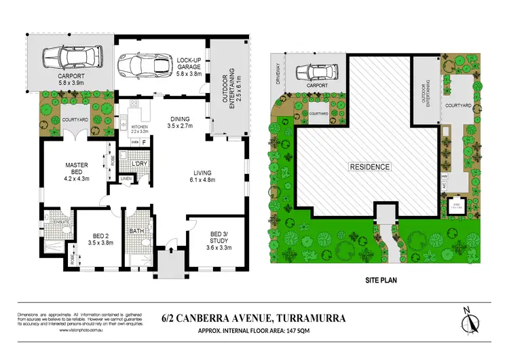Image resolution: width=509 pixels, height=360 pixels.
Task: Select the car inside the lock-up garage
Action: [144, 66]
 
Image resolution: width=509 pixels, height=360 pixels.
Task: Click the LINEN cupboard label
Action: [126, 179]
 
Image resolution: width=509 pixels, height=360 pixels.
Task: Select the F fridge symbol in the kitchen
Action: [143, 141]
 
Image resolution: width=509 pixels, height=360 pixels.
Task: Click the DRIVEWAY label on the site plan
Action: [277, 71]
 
